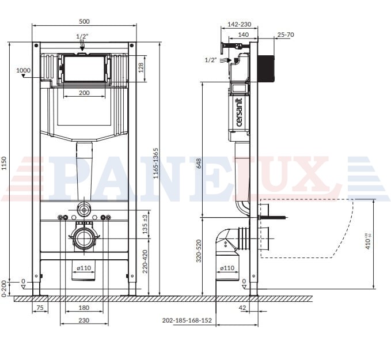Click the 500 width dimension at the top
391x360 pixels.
(x=84, y=21)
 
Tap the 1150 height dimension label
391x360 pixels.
(x=3, y=164)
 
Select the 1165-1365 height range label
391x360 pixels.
(x=156, y=163)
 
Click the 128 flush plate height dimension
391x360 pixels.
(x=141, y=68)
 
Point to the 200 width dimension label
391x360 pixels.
(x=84, y=93)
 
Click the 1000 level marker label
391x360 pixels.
(x=24, y=70)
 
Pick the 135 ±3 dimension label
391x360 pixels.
(x=145, y=225)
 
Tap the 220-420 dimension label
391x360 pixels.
(x=145, y=261)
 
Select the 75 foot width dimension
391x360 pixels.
(x=40, y=308)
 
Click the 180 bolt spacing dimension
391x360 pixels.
(x=84, y=308)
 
